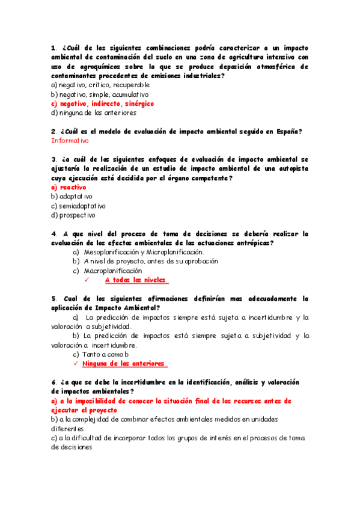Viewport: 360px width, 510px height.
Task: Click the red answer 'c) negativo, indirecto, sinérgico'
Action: point(103,103)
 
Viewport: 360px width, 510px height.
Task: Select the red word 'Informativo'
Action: point(70,141)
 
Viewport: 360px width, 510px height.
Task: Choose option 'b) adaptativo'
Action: point(72,197)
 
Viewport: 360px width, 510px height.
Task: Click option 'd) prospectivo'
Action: point(73,215)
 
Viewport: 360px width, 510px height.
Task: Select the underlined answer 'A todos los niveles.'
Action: point(136,280)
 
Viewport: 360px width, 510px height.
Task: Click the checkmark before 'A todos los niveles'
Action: point(87,280)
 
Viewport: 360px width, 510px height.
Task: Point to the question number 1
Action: point(53,48)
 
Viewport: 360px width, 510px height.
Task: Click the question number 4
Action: point(53,233)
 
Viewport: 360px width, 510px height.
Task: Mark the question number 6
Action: point(53,382)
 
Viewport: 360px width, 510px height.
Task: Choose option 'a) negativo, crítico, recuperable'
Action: point(100,85)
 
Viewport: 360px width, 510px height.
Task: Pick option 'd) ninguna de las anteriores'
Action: point(94,112)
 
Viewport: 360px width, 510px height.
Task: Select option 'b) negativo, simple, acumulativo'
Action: point(100,94)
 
